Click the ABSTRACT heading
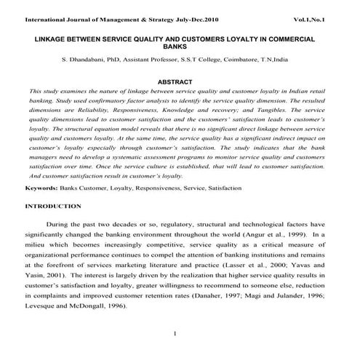(x=180, y=81)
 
